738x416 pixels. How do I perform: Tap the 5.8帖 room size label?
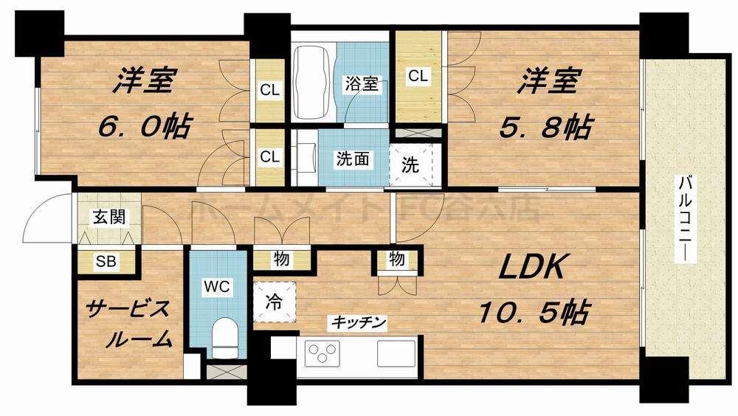542,126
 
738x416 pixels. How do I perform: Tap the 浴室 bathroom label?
362,83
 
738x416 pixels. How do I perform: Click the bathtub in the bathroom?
314,83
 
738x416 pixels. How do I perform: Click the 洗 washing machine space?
410,164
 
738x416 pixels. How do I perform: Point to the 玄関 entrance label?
108,217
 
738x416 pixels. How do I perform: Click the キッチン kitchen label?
358,322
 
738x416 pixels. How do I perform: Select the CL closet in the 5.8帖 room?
418,75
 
